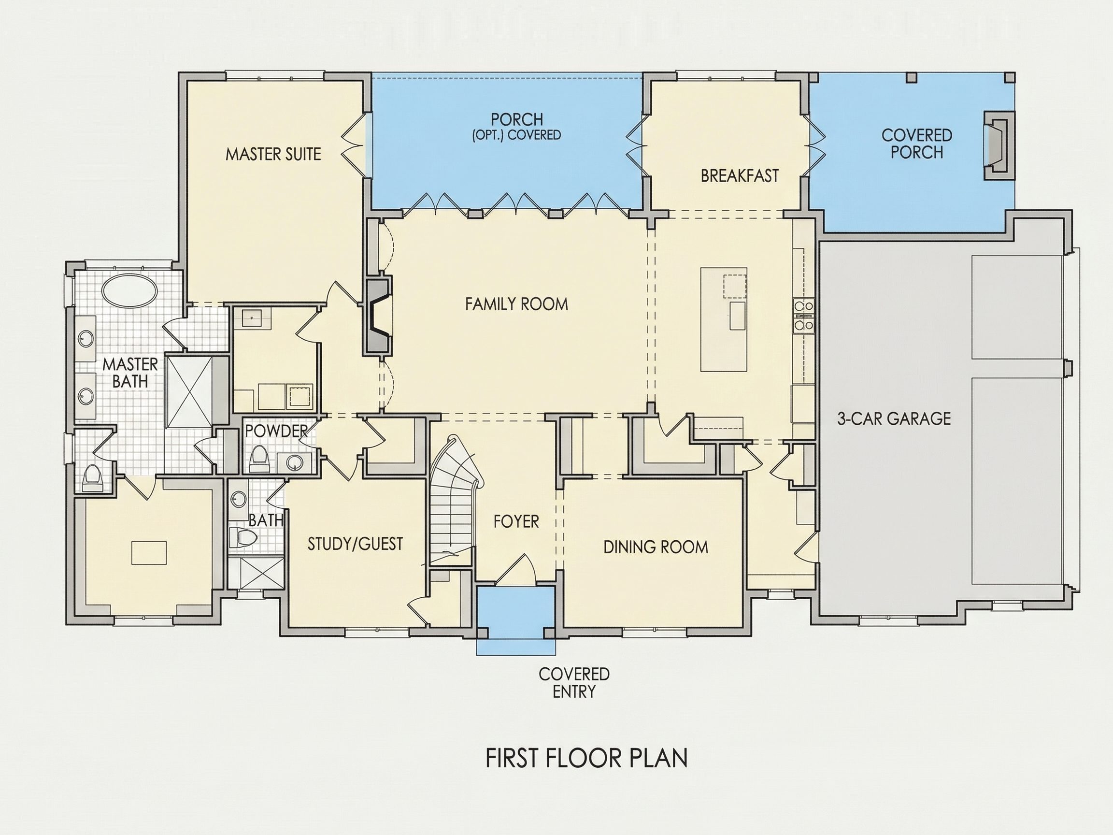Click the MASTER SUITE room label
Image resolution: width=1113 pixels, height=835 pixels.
(273, 154)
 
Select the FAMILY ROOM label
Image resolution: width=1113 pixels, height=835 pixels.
(516, 304)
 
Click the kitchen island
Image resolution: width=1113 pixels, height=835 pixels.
(724, 319)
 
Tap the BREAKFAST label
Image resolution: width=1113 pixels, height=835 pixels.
(740, 176)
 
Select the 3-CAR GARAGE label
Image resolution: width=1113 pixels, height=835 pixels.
(894, 418)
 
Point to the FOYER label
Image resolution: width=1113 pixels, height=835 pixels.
(516, 521)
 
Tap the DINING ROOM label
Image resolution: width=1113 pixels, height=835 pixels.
(656, 547)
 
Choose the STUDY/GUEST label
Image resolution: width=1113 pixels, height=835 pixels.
(355, 544)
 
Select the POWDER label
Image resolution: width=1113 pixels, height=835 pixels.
(276, 431)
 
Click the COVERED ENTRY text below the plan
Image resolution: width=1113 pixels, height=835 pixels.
(574, 682)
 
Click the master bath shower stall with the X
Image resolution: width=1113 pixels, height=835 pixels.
(190, 392)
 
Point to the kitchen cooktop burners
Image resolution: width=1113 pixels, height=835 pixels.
(803, 316)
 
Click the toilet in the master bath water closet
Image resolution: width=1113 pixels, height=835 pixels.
(92, 477)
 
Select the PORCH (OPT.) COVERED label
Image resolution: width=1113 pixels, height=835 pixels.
(517, 127)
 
